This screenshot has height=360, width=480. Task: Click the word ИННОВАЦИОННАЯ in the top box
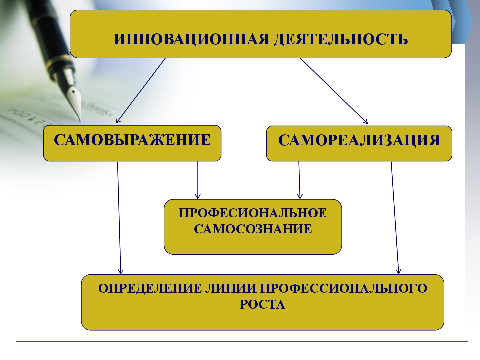(191, 39)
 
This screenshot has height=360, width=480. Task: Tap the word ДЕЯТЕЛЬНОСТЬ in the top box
(340, 39)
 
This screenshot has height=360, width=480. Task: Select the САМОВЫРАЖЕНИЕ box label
(132, 140)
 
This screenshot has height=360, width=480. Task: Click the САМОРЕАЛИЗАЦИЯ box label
(359, 140)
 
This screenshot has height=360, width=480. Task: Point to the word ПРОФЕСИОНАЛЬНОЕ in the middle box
(253, 213)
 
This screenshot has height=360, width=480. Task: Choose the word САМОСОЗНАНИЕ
(253, 229)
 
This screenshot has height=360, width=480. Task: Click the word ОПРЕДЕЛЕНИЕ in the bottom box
(150, 288)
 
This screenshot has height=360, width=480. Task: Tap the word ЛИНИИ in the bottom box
(231, 288)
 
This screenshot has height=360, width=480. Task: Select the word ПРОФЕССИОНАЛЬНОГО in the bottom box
(343, 288)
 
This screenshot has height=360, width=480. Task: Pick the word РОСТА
(262, 304)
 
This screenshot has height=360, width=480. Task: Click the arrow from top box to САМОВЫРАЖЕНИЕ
(141, 90)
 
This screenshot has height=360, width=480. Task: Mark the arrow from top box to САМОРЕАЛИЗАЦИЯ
(333, 91)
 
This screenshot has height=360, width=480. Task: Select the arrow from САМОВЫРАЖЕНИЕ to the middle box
(198, 180)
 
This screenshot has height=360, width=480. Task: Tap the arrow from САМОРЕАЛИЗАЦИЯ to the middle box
(299, 180)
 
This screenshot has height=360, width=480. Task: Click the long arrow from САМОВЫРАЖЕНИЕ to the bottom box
(119, 217)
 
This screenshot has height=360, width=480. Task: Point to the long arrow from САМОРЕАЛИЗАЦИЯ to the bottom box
(395, 217)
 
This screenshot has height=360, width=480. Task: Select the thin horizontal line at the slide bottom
(242, 342)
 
